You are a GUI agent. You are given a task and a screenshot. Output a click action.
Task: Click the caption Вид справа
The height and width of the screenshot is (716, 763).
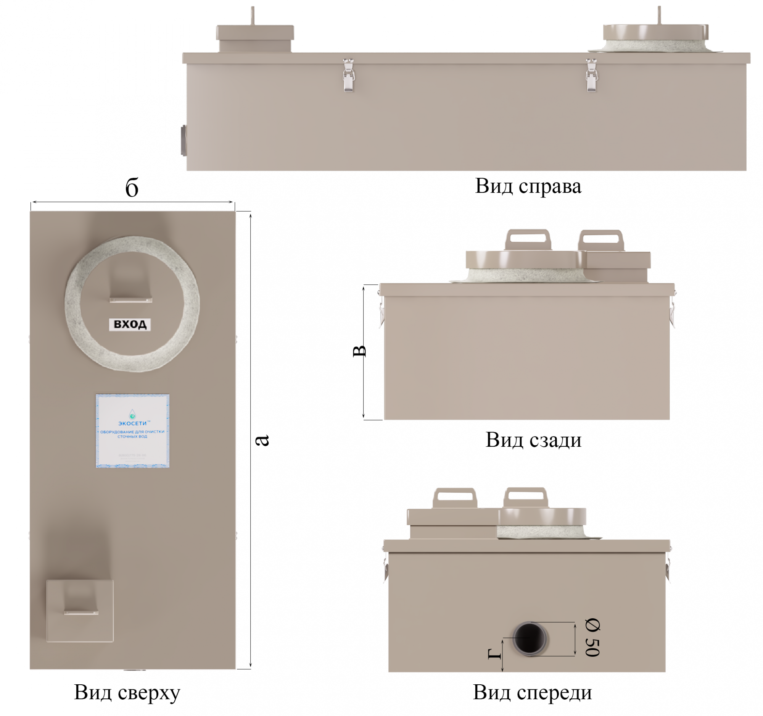point(528,186)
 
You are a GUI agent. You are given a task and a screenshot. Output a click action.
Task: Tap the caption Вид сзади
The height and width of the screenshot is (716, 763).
point(533,440)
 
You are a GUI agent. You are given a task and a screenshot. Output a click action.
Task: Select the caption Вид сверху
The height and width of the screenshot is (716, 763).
point(127,693)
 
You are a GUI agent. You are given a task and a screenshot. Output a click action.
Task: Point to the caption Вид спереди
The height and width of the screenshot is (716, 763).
point(532,693)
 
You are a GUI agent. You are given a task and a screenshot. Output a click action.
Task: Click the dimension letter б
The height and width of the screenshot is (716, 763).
point(132,188)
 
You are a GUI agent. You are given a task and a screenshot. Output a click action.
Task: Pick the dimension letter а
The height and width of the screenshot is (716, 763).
point(262,440)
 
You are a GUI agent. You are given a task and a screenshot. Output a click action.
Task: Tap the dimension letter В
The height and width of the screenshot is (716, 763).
point(359,351)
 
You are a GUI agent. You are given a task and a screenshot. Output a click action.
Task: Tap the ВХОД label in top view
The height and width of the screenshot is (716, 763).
point(130,325)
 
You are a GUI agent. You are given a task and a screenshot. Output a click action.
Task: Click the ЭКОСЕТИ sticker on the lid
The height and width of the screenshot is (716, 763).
point(132,431)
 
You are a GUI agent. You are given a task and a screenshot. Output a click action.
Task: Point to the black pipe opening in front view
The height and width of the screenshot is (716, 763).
point(530,639)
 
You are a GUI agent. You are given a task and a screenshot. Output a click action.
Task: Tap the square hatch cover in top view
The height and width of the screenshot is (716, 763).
point(80,611)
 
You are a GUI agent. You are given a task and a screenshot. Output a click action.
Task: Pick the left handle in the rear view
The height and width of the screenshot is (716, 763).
point(527,240)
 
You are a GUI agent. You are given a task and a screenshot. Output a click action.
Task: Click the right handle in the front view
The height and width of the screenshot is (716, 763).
point(525,498)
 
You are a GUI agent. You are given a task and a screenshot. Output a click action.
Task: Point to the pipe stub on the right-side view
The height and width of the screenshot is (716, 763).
point(184,140)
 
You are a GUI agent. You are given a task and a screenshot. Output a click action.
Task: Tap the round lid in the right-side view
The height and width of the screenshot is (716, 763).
point(655,33)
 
